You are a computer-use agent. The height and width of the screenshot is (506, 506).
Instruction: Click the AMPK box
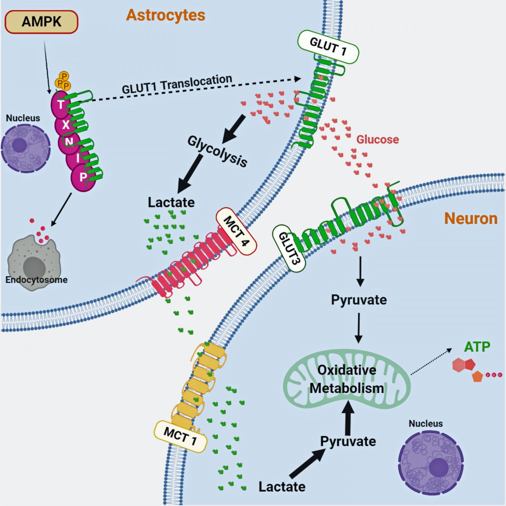click(x=41, y=22)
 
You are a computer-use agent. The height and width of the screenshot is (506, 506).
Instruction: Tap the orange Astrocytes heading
click(x=166, y=15)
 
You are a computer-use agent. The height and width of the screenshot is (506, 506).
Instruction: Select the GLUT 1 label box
click(x=328, y=47)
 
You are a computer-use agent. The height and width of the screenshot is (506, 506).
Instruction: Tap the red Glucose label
click(x=377, y=140)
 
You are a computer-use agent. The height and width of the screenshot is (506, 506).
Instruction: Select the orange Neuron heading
click(x=471, y=219)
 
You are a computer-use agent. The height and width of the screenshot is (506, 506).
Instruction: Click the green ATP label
click(x=477, y=347)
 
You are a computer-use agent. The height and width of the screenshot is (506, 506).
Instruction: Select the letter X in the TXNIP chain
click(x=66, y=125)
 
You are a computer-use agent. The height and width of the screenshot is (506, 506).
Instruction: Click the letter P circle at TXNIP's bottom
click(x=83, y=177)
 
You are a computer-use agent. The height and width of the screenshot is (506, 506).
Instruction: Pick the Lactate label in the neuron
click(x=282, y=487)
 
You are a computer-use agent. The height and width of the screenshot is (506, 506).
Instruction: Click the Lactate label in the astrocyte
click(x=171, y=202)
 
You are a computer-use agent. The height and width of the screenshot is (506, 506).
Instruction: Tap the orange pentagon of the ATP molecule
click(x=477, y=376)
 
